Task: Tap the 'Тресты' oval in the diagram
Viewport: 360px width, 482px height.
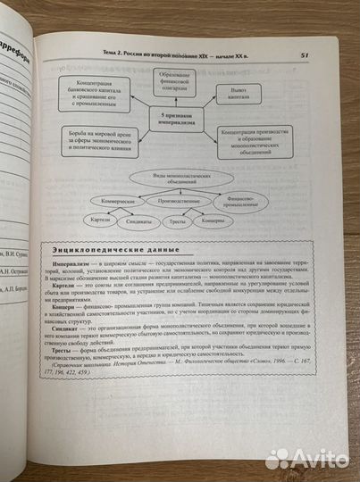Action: [178, 220]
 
